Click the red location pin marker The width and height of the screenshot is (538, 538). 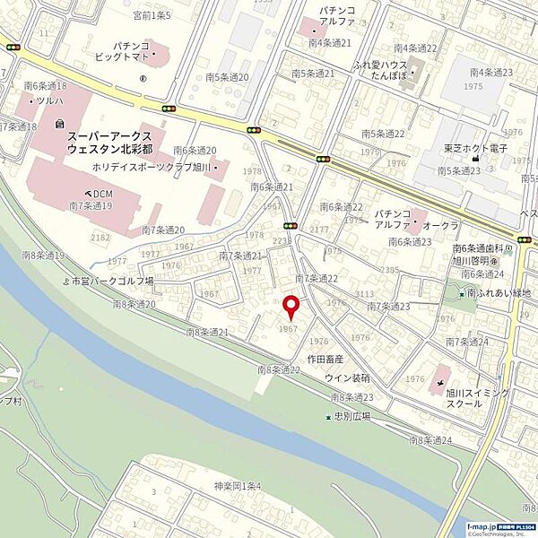pos(290,308)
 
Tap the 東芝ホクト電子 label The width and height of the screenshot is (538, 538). pos(474,148)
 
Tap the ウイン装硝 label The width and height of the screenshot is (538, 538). pos(348,377)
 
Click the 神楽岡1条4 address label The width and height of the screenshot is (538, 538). pos(237,486)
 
